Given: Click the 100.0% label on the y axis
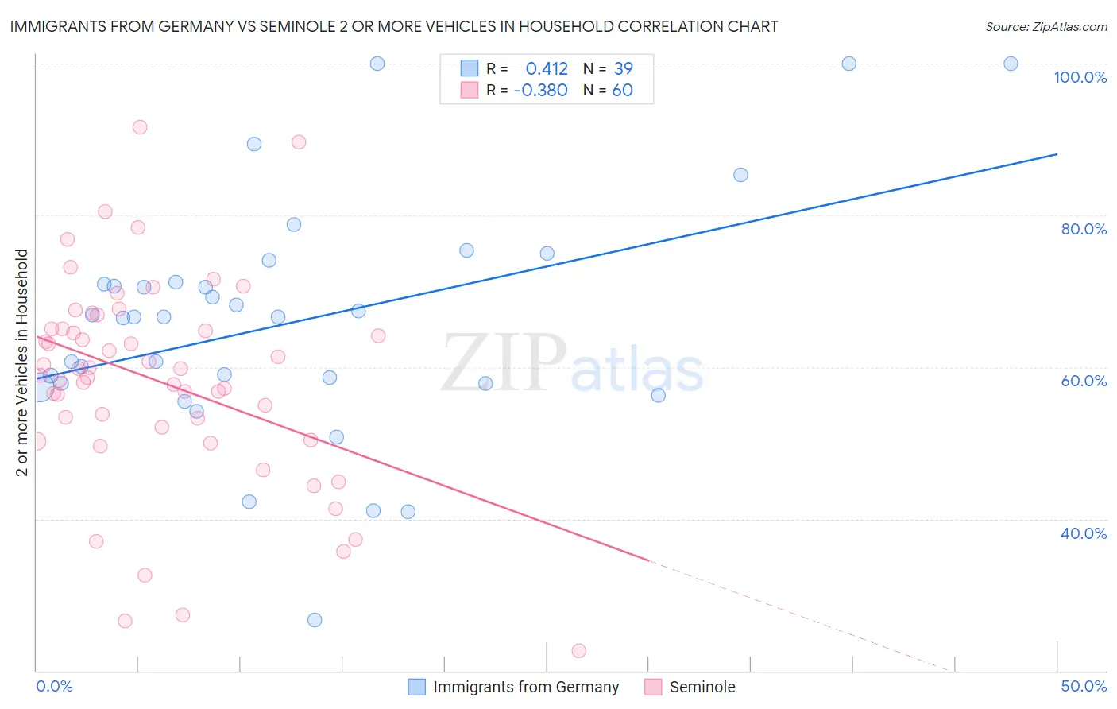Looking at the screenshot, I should [x=1080, y=77].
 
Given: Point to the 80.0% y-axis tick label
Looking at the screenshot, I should [x=1084, y=229].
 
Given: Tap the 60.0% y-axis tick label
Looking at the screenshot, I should [x=1084, y=381].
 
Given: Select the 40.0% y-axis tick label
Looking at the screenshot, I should [x=1084, y=533].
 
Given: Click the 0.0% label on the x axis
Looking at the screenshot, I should [x=54, y=686].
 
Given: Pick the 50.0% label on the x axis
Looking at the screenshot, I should [x=1084, y=686].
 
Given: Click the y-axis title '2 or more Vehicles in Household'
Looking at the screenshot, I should [x=22, y=362].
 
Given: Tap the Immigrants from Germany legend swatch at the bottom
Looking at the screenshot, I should [x=417, y=687].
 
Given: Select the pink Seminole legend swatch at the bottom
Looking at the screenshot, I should [x=653, y=687].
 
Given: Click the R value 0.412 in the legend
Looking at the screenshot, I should [x=547, y=68].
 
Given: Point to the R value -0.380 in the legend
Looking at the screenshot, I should [x=541, y=90].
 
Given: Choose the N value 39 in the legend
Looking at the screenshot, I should [x=623, y=68].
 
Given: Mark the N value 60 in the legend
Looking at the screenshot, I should [x=622, y=90].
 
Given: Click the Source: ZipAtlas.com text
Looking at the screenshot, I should [x=1045, y=26].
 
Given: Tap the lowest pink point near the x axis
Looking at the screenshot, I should [x=578, y=651].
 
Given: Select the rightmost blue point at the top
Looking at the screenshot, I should [x=1011, y=64].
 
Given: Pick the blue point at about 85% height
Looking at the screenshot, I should [x=740, y=175].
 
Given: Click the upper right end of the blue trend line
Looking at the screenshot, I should [x=1057, y=153].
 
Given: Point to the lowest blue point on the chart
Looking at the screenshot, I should [x=315, y=620].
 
